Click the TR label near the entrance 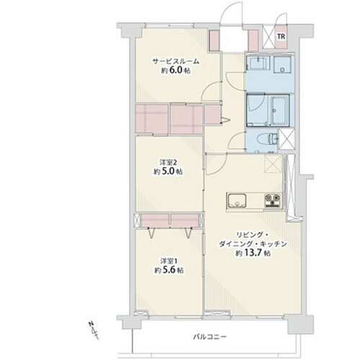[282, 37]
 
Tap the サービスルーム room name [176, 61]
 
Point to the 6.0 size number [176, 70]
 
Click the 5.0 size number [168, 171]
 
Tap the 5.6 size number [168, 270]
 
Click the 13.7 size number [253, 253]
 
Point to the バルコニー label [210, 337]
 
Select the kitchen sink [237, 201]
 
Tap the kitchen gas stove [273, 200]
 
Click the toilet [267, 139]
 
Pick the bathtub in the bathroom [280, 109]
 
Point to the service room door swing [210, 91]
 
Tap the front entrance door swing [231, 13]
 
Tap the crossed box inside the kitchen [273, 163]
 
